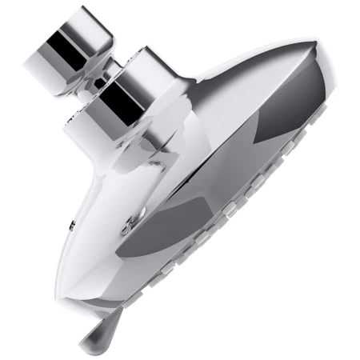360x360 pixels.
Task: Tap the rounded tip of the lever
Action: tap(89, 345)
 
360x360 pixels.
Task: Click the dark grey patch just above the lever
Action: tap(152, 240)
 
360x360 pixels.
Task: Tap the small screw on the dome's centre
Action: tap(127, 228)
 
